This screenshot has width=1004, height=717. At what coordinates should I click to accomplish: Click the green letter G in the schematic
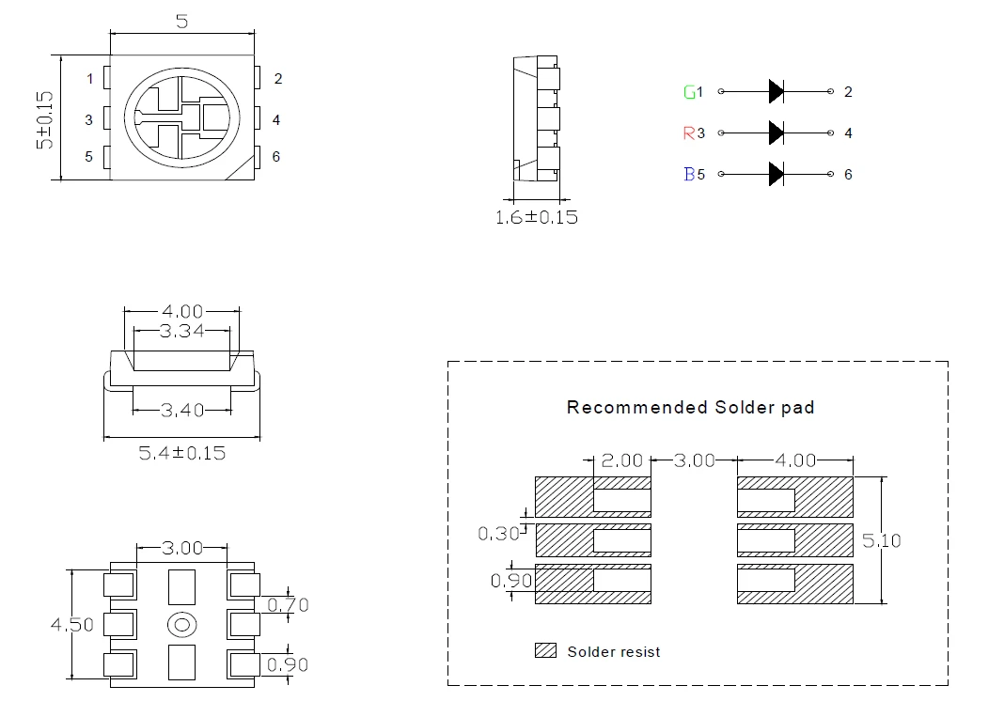tap(690, 92)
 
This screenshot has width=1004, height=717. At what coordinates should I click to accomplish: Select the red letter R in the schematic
tap(689, 133)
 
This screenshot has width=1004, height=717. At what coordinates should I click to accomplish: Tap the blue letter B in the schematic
tap(690, 174)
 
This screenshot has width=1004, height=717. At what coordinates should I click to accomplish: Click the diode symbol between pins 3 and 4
tap(777, 132)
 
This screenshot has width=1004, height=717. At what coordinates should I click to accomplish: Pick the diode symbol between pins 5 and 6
tap(777, 174)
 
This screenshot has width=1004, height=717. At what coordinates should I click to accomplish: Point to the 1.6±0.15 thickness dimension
tap(537, 218)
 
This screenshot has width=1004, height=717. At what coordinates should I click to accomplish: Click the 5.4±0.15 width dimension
tap(182, 453)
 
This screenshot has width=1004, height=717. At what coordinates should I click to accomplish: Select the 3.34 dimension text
tap(181, 331)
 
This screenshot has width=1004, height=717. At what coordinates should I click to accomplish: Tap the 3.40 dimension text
tap(182, 410)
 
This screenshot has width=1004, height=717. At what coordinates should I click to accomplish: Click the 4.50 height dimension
tap(72, 625)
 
